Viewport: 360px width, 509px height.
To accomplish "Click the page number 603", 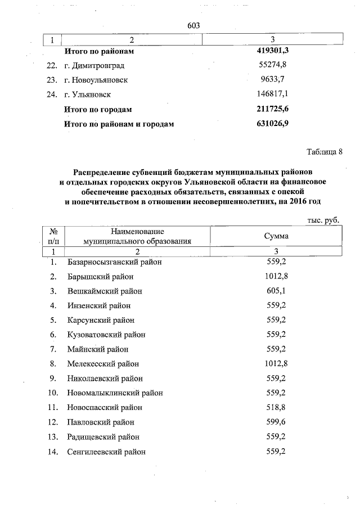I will click(x=193, y=25).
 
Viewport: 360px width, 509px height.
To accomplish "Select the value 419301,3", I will click(x=272, y=51).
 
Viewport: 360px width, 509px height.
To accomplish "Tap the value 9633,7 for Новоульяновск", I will click(x=272, y=80).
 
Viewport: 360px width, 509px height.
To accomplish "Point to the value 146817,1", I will click(x=272, y=94).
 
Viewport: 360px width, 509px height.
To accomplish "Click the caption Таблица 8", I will click(x=324, y=152).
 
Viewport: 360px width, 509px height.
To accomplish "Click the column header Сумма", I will click(x=276, y=236).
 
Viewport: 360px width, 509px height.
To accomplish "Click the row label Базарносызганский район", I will click(x=114, y=262).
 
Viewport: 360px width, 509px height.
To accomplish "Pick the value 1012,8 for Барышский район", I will click(x=276, y=276).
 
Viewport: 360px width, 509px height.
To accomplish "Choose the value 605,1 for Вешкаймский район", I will click(x=276, y=291).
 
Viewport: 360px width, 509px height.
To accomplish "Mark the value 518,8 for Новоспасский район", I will click(x=276, y=407).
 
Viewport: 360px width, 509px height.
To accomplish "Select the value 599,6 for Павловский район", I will click(x=276, y=422).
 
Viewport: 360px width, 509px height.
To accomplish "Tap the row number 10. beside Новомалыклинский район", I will click(x=54, y=393).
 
